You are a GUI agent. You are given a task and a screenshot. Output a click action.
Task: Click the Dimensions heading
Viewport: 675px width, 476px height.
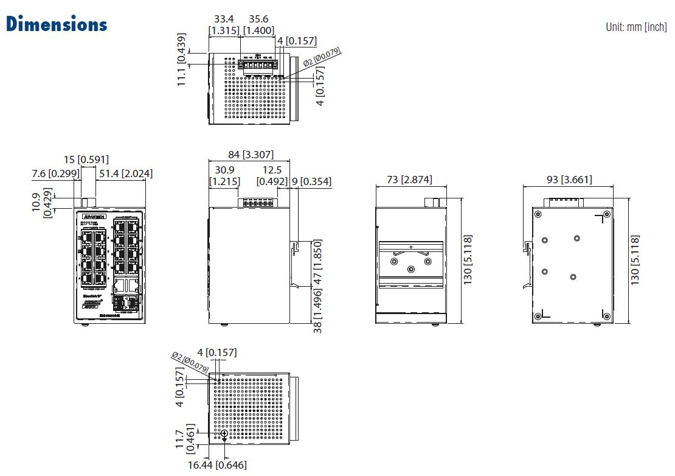coord(57,24)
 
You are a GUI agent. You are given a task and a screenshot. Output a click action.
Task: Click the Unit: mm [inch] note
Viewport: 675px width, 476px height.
coord(636,27)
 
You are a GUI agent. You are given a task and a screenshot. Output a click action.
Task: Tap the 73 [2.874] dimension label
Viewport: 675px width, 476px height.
coord(410,180)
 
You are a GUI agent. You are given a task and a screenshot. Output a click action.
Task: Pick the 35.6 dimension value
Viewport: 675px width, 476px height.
coord(258,19)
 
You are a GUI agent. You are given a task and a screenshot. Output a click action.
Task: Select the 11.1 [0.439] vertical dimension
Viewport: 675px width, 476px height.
coord(182,68)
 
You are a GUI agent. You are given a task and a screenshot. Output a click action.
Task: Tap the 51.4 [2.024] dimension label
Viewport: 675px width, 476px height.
coord(126,173)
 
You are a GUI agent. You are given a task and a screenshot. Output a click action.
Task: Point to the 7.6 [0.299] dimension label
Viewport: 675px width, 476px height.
coord(54,173)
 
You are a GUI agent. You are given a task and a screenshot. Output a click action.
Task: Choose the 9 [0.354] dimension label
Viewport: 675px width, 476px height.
coord(311,181)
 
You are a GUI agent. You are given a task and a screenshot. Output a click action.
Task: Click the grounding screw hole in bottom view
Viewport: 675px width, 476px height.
coord(225,433)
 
